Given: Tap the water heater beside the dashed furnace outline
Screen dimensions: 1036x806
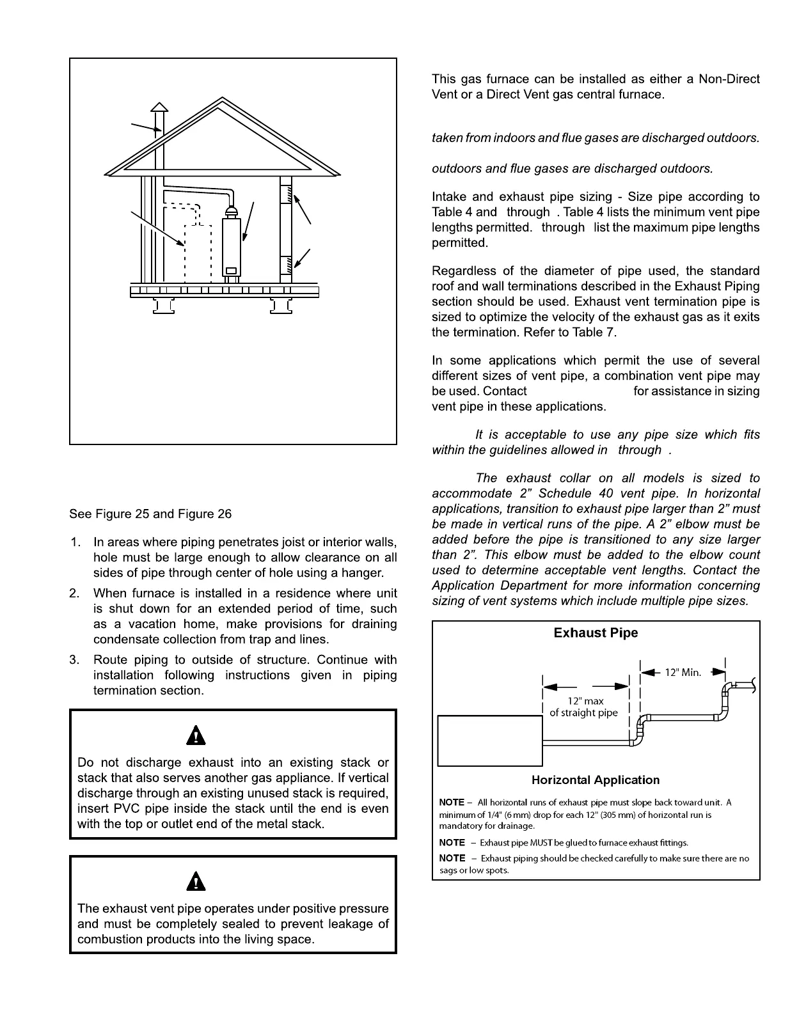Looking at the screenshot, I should click(x=232, y=246).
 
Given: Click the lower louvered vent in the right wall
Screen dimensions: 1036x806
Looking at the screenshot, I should click(x=286, y=263).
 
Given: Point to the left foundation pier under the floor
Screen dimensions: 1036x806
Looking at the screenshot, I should click(x=163, y=306).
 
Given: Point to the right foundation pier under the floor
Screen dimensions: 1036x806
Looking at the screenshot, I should click(x=280, y=306).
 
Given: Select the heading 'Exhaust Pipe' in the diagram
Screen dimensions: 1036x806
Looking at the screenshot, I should click(x=596, y=633).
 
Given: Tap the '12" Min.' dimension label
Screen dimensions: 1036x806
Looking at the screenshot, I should click(x=683, y=672).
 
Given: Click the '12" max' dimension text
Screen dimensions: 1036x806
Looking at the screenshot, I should click(x=585, y=702).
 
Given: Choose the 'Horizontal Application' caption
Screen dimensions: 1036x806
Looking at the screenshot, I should click(x=596, y=780).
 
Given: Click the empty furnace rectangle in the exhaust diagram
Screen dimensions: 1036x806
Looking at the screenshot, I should click(x=489, y=741).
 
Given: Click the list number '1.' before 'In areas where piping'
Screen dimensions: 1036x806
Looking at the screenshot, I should click(x=76, y=542).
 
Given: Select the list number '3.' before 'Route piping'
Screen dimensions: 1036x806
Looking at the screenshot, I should click(x=76, y=660).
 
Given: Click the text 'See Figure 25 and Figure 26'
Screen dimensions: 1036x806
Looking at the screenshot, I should click(x=150, y=514).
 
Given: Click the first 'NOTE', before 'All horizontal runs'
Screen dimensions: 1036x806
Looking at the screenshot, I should click(x=452, y=803).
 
